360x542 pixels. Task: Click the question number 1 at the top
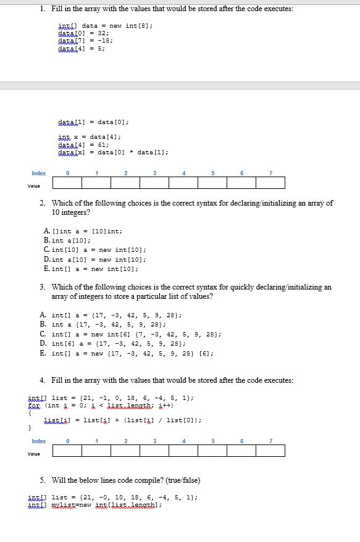[x=40, y=9]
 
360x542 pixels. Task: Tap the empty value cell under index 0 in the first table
[x=67, y=183]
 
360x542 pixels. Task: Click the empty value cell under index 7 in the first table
[x=271, y=183]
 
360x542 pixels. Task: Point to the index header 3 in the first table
[x=154, y=173]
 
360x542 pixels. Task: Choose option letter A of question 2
[x=46, y=231]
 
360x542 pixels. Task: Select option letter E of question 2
[x=46, y=269]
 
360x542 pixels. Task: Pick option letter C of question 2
[x=46, y=249]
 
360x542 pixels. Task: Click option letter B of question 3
[x=43, y=324]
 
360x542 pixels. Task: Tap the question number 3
[x=42, y=287]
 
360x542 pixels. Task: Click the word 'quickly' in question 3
[x=233, y=287]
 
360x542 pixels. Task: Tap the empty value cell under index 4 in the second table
[x=183, y=451]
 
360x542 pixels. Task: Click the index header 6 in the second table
[x=241, y=441]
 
